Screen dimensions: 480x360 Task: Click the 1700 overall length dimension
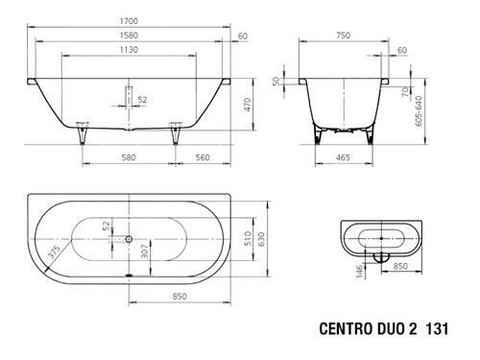[x=129, y=21]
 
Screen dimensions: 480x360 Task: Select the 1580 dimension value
[x=129, y=36]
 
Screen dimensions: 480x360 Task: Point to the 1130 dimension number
[x=129, y=50]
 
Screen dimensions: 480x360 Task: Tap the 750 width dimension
[x=344, y=36]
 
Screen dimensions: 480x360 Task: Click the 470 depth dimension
[x=248, y=105]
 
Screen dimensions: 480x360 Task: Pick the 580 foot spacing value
[x=129, y=157]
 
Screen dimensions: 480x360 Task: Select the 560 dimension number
[x=203, y=157]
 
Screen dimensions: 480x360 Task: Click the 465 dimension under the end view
[x=343, y=157]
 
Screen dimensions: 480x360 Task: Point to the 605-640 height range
[x=419, y=110]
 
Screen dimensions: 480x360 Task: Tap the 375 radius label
[x=54, y=252]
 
